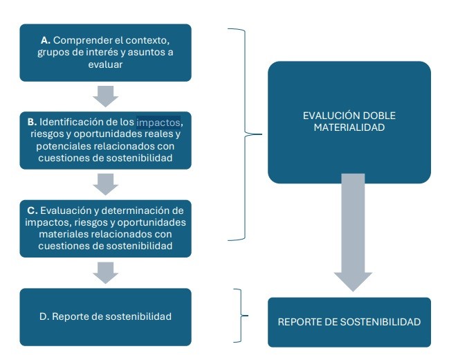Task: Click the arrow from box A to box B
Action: tap(105, 95)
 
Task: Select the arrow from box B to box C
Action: tap(105, 183)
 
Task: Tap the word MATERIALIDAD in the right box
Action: tap(349, 128)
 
